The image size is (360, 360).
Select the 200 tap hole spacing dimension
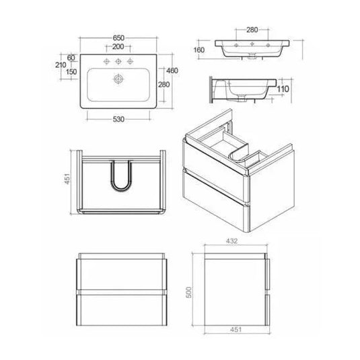(118, 47)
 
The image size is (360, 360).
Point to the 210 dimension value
(59, 67)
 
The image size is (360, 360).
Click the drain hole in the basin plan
(118, 79)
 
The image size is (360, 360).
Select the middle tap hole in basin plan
(118, 61)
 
